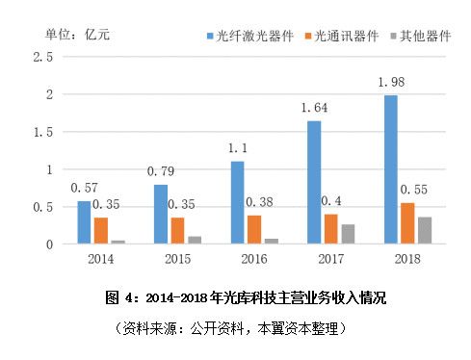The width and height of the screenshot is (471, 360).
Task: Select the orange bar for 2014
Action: coord(100,231)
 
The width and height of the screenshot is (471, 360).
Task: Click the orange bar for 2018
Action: coord(408,223)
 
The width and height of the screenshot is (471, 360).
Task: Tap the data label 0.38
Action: coord(259,202)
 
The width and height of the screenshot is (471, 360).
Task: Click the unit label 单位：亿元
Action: coord(78,35)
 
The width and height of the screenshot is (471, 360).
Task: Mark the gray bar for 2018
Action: coord(426,231)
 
